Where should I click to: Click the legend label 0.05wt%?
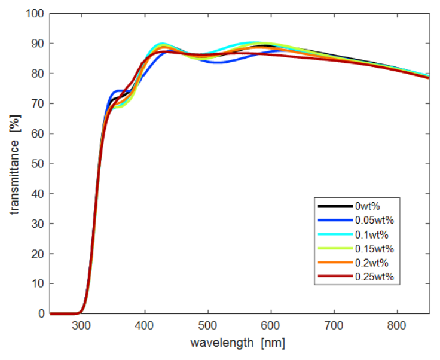(374, 220)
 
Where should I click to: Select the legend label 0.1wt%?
(372, 234)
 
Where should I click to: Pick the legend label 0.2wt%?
(372, 263)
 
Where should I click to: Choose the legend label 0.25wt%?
(374, 277)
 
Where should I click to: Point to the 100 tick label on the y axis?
(35, 13)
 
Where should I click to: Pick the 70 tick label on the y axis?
(38, 103)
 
